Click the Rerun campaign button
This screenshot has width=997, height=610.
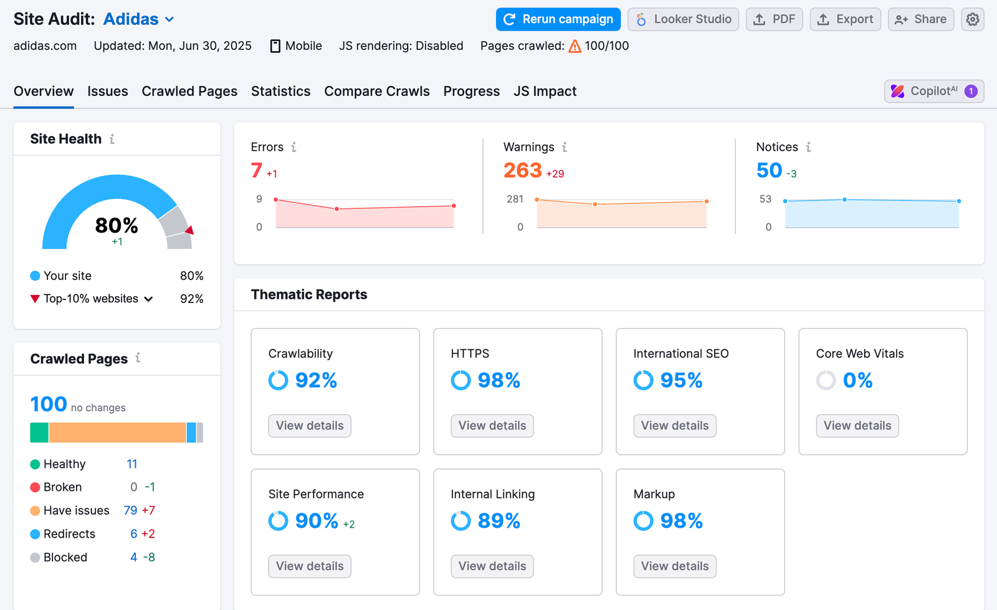pos(558,19)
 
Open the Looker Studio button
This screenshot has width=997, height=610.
pos(683,19)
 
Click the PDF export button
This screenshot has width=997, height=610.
pos(774,19)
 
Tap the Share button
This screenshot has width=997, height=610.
pos(920,19)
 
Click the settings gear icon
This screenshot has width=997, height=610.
pos(972,19)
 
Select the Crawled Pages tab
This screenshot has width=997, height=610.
pos(189,91)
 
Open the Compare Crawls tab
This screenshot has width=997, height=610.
pos(376,91)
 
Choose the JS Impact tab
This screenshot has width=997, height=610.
pos(545,91)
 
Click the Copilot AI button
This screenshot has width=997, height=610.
pos(933,91)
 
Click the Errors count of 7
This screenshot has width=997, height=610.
pos(257,170)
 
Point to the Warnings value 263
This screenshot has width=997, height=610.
pos(522,170)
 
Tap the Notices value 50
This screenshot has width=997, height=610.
pos(769,170)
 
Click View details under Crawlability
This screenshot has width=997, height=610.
pos(310,425)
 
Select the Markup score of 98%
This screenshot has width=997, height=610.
pos(680,521)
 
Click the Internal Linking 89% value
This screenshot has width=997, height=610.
pos(499,521)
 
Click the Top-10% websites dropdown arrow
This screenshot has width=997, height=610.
pos(148,299)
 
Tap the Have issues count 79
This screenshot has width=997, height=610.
pos(130,510)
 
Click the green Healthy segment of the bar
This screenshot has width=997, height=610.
pos(39,432)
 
